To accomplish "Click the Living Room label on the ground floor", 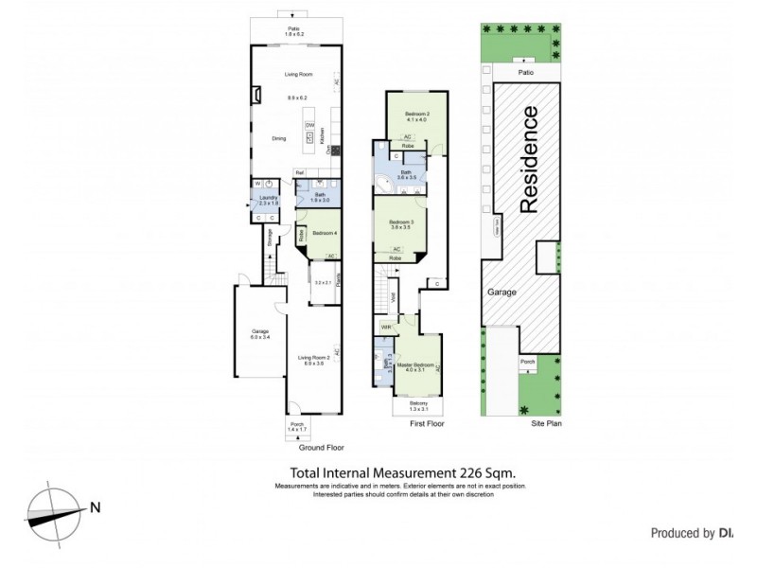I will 299,74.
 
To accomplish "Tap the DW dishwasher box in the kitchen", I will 309,126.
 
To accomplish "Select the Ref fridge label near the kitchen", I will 299,172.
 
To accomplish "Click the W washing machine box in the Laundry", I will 256,184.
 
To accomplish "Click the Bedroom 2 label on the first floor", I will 416,115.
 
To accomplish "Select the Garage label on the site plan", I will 502,293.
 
